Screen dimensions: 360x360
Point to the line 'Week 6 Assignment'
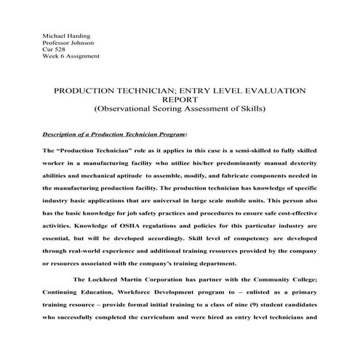click(x=71, y=57)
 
